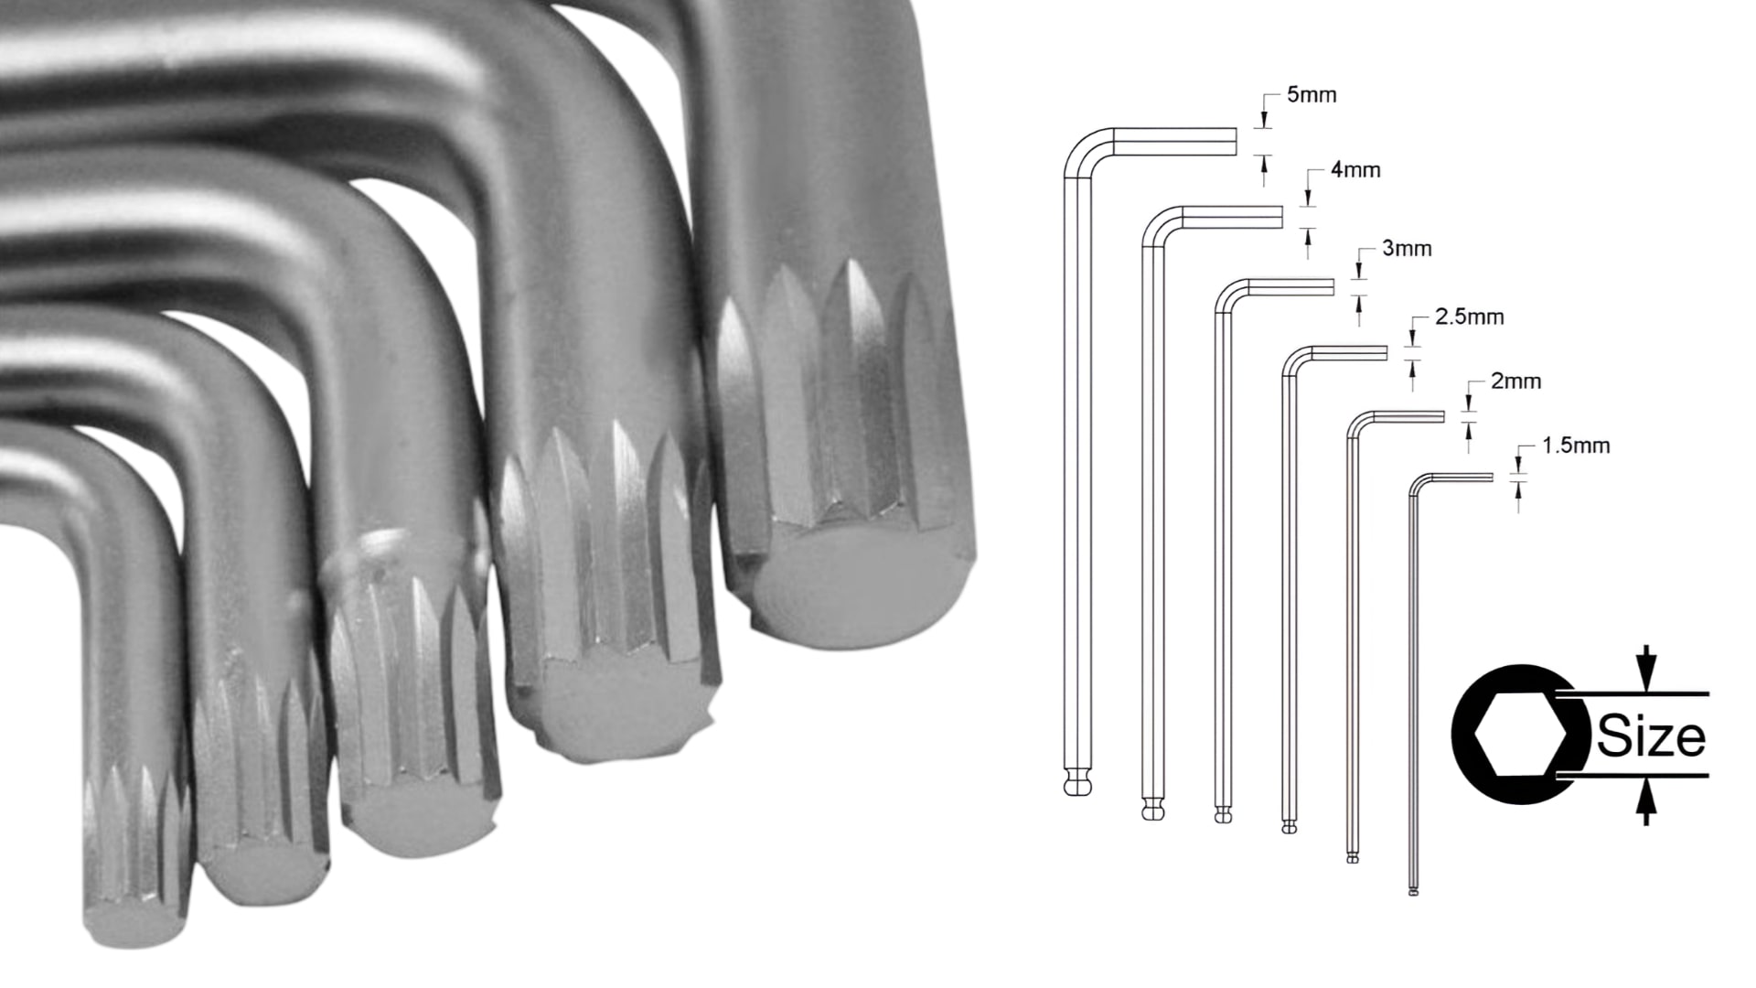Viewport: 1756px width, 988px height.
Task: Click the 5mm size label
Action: [x=1311, y=95]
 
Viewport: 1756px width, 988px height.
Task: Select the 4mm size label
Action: [x=1355, y=170]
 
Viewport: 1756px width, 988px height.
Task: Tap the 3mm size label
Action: [x=1407, y=249]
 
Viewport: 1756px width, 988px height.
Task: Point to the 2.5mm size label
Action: [x=1470, y=317]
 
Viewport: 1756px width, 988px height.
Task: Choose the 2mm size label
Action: [x=1516, y=381]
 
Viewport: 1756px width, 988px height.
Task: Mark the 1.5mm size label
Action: [x=1576, y=446]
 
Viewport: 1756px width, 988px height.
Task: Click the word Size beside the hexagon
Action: [x=1652, y=737]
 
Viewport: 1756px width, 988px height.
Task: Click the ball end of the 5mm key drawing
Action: [x=1080, y=784]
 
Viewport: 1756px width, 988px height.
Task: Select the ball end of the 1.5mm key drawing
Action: [x=1414, y=891]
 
